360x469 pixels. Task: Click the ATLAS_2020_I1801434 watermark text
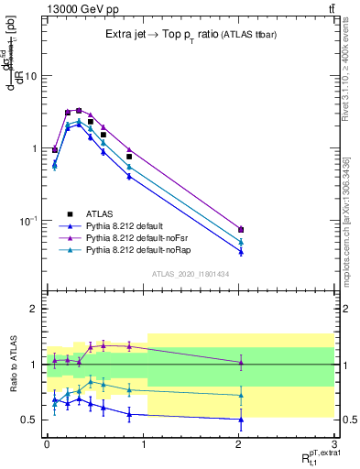point(190,274)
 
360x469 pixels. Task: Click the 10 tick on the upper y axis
point(32,76)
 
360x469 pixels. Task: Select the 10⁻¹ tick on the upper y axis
point(30,221)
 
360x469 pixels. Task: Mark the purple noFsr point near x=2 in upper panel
point(241,229)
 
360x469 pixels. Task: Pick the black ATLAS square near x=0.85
point(129,157)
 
